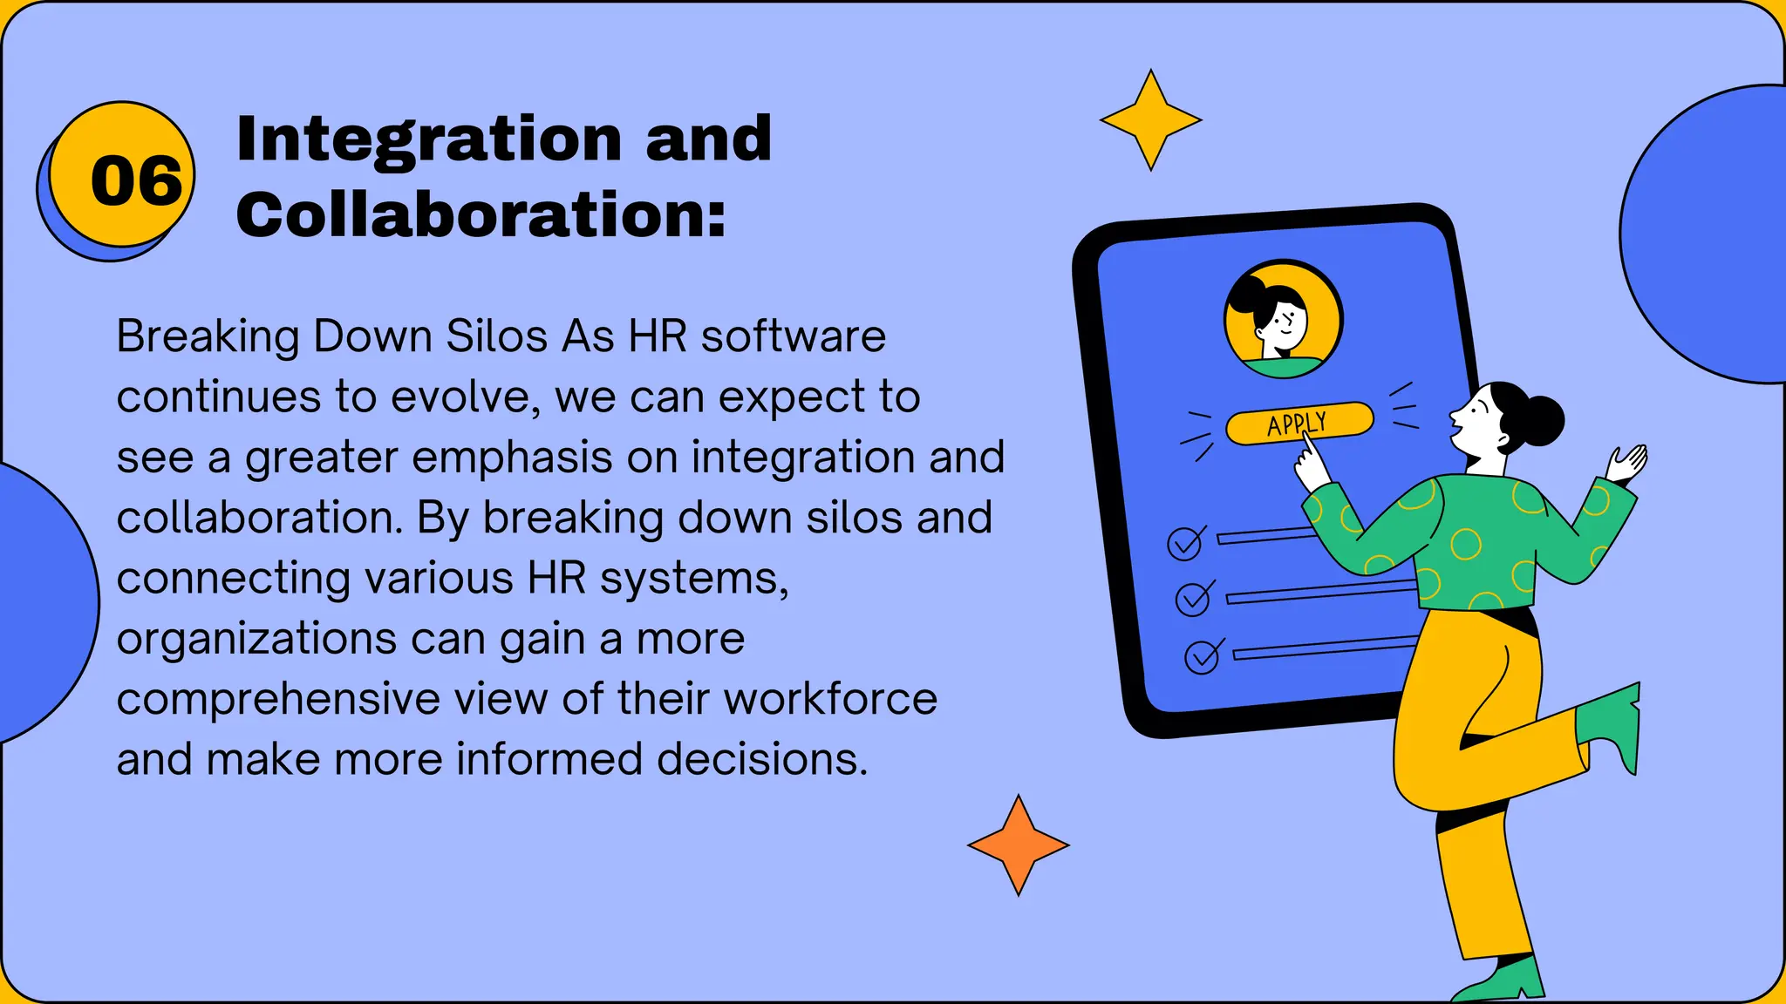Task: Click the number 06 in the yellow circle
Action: [x=136, y=181]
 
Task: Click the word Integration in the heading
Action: [x=428, y=139]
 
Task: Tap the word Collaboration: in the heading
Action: [x=481, y=214]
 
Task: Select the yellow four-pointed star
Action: [x=1150, y=120]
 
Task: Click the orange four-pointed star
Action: [x=1018, y=845]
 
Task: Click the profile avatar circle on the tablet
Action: [x=1283, y=319]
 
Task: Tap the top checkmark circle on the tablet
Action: [x=1185, y=543]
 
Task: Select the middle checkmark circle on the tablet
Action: [x=1193, y=599]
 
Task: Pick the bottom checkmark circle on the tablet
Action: [x=1202, y=657]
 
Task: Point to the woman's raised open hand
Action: [x=1627, y=462]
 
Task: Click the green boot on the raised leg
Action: [x=1612, y=722]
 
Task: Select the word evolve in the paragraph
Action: [x=459, y=397]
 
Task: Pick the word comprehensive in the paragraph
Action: [x=278, y=699]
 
